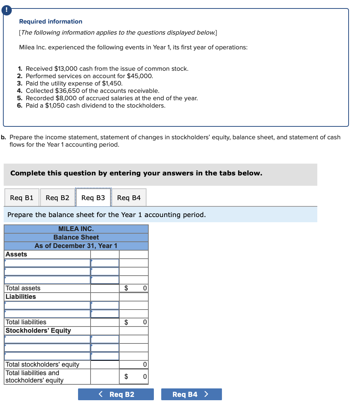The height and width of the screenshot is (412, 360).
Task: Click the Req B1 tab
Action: coord(22,198)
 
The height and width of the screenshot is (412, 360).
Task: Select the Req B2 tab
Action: coord(57,198)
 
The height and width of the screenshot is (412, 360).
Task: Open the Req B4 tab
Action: coord(129,198)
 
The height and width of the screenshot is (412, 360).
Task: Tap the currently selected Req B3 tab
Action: coord(93,198)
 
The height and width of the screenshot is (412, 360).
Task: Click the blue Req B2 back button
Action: coord(116,394)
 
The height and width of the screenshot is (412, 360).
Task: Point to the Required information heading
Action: coord(51,22)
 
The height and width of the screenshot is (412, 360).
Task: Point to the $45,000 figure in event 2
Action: coord(140,76)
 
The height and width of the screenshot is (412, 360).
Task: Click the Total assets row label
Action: coord(23,288)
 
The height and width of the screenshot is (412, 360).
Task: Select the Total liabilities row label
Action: coord(26,322)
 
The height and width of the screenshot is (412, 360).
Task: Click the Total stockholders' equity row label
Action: coord(42,364)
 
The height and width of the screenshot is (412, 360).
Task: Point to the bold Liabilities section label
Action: coord(21,297)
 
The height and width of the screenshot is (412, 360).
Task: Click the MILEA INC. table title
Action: coord(76,229)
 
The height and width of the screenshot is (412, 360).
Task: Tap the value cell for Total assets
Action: coord(134,288)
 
